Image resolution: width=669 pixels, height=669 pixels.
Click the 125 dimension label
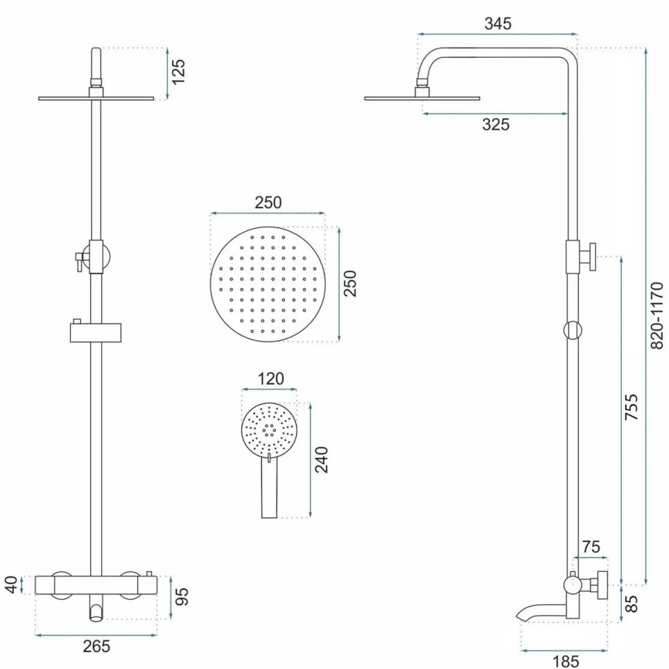point(180,73)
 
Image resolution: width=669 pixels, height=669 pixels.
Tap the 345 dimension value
point(498,23)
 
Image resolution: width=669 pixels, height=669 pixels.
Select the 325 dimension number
point(496,124)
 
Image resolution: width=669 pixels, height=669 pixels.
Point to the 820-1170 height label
point(656,317)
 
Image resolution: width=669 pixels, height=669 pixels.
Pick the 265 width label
point(96,646)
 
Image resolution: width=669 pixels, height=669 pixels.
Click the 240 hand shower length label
point(322,460)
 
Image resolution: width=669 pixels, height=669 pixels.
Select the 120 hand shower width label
point(269,378)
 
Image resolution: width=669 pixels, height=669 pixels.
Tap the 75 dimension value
point(590,548)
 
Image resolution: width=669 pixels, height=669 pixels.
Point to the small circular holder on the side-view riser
point(573,329)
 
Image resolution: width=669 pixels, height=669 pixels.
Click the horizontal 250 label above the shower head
point(268,203)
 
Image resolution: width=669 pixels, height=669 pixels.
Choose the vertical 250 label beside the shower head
point(349,284)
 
